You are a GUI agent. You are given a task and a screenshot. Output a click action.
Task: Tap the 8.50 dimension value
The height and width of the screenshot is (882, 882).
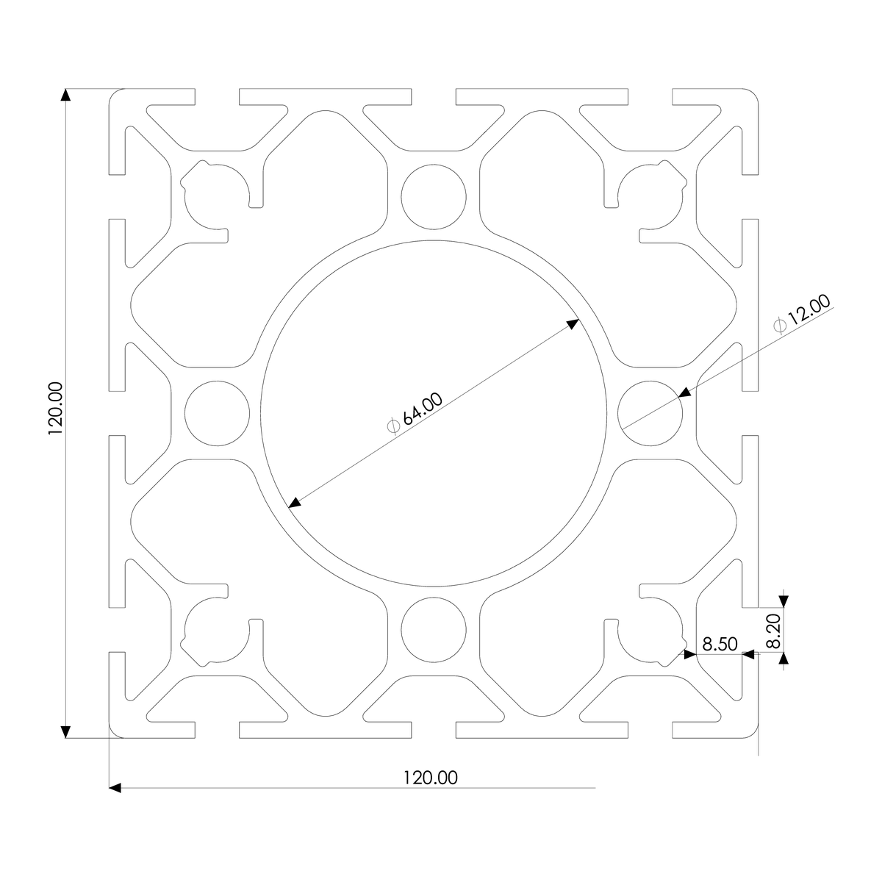(719, 645)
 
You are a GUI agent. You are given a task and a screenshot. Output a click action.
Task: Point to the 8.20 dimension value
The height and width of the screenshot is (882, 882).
(773, 632)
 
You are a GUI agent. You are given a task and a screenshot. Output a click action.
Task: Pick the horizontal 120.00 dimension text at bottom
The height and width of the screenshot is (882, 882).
(430, 777)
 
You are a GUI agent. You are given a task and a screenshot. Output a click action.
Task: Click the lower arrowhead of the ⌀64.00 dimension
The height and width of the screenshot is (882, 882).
(295, 503)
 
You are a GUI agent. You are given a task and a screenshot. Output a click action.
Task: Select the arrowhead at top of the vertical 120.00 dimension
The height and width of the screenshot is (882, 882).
(66, 95)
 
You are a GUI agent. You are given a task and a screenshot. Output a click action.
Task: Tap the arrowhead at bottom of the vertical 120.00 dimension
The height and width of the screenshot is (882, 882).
(66, 731)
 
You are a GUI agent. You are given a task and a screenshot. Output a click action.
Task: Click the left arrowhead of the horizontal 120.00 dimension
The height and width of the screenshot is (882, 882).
(115, 787)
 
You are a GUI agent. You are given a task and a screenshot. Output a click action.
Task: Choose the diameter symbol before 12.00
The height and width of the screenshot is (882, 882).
(781, 325)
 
